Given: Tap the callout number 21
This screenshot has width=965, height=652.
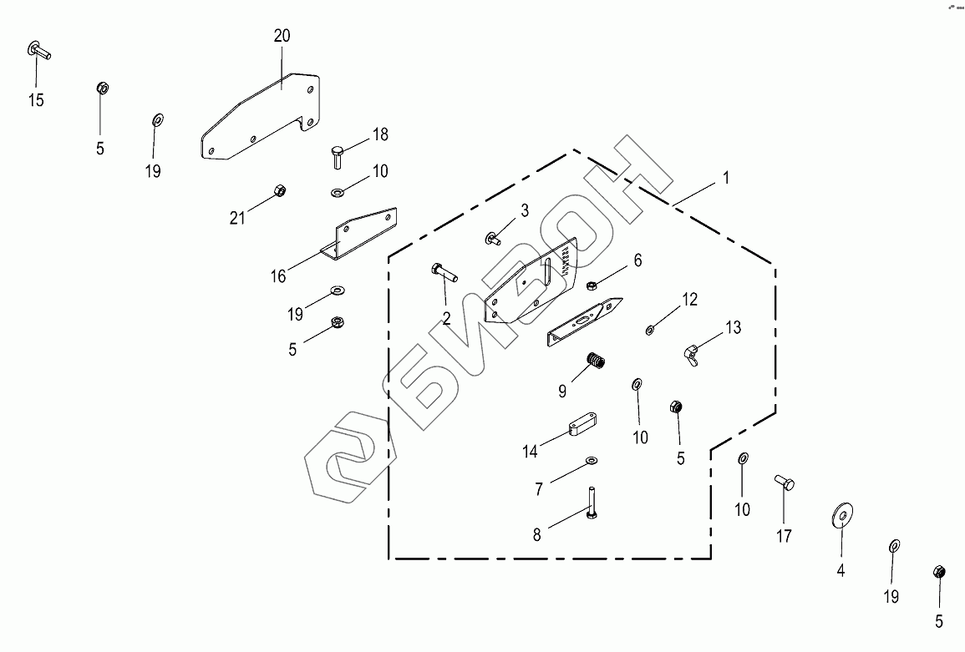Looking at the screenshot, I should click(237, 218).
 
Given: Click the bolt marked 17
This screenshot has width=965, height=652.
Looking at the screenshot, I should click(784, 482).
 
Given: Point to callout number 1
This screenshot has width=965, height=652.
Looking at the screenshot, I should click(726, 178).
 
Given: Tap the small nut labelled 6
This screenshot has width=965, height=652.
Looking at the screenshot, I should click(592, 285).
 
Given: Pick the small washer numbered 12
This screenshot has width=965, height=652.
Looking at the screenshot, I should click(650, 331).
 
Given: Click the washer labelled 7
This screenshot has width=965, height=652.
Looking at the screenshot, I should click(592, 460).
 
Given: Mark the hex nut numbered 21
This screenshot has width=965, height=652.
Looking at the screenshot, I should click(280, 190).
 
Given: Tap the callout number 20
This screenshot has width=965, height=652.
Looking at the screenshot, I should click(282, 36).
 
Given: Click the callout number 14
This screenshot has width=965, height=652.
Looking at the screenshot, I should click(530, 452).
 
